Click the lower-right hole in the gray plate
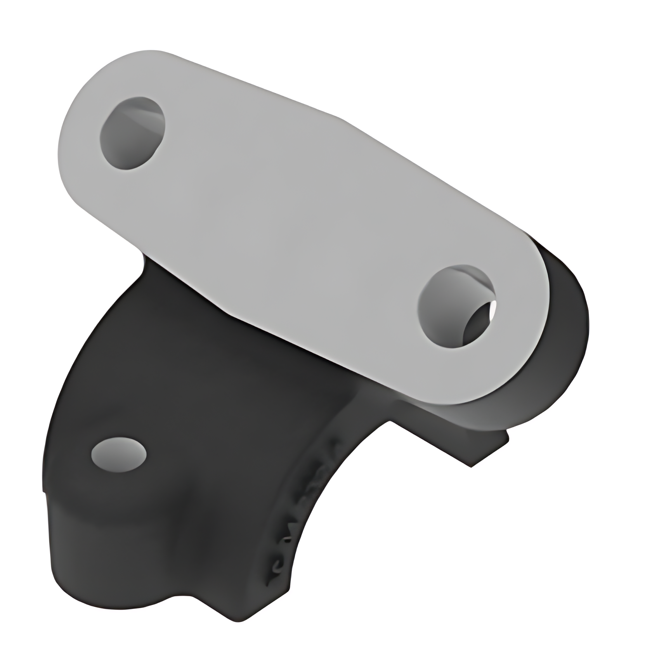click(456, 307)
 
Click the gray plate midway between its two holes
click(295, 221)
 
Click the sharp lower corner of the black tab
click(472, 466)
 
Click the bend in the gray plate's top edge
click(342, 118)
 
